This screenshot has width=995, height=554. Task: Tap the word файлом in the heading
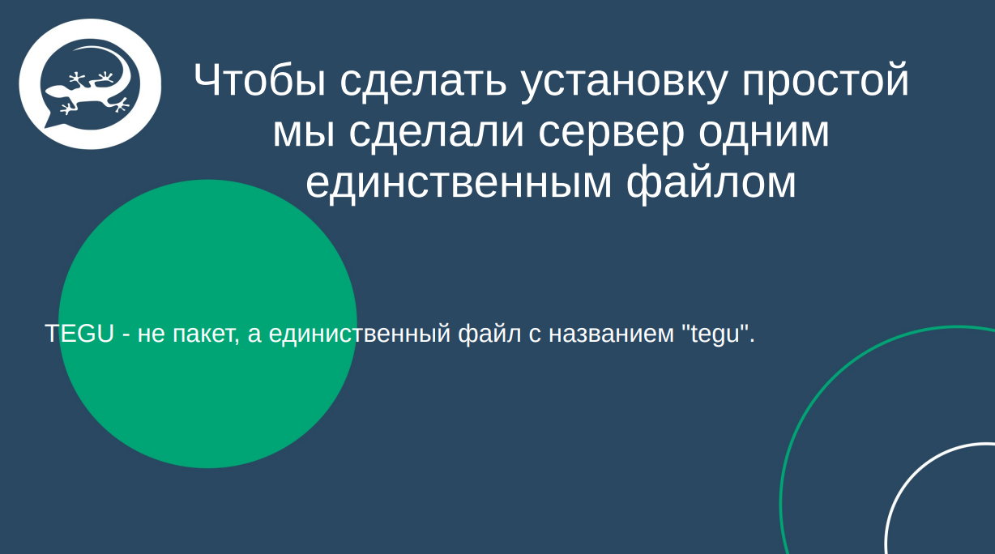pos(711,183)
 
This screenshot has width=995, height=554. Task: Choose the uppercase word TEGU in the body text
pos(79,333)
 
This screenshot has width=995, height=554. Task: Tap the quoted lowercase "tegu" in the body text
pos(717,333)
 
